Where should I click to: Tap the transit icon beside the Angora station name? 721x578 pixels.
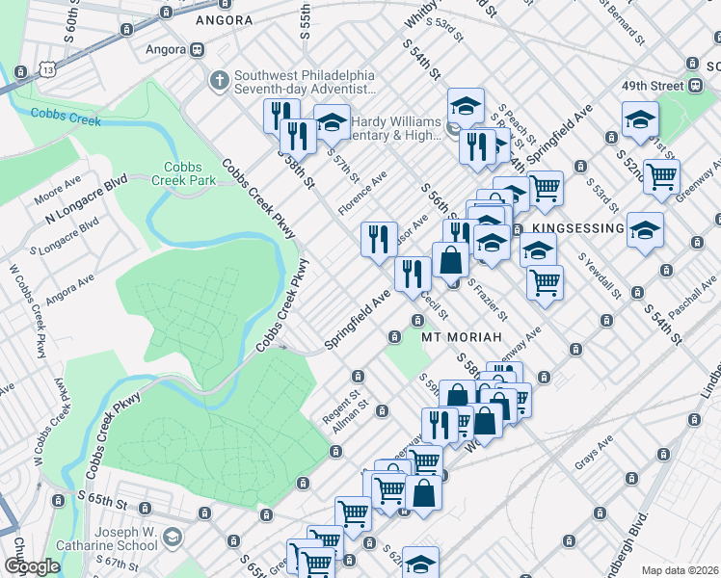point(198,49)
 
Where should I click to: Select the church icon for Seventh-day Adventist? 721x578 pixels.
point(220,79)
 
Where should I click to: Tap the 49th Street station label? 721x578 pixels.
point(653,86)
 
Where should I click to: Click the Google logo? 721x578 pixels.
point(31,567)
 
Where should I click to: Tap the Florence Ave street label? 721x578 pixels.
point(362,194)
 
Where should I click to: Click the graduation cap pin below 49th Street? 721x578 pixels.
point(639,121)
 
